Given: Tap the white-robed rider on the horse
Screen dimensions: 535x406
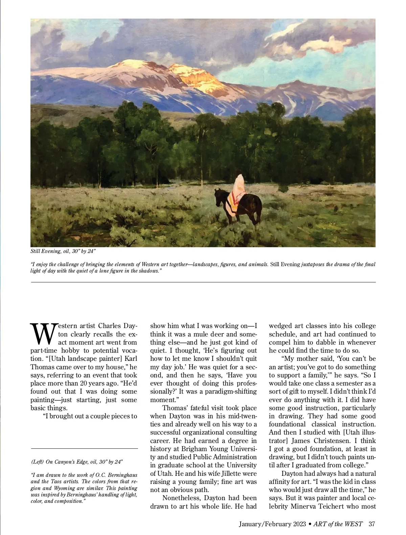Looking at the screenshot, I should tap(240, 189).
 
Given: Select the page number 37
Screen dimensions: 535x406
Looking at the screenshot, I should tap(372, 524).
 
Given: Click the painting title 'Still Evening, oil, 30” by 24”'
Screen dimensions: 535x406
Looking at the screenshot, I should tap(63, 251).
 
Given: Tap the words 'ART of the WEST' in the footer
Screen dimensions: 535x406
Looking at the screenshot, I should tap(338, 524).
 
